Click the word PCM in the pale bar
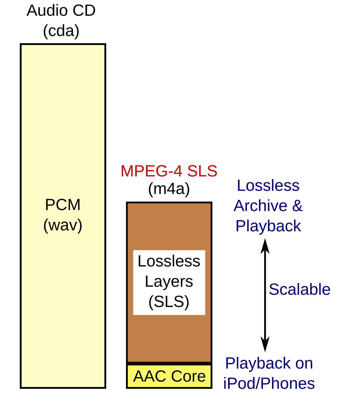(x=63, y=205)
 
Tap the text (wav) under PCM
(x=63, y=225)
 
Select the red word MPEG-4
(x=151, y=171)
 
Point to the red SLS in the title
(x=202, y=171)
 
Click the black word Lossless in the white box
(x=169, y=261)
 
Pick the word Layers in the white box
(x=169, y=281)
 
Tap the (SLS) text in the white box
(x=169, y=301)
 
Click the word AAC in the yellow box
(x=150, y=376)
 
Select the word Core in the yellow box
(x=188, y=376)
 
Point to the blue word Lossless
(x=268, y=186)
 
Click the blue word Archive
(x=260, y=206)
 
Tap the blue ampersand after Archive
(x=297, y=206)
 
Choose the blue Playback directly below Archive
(x=268, y=226)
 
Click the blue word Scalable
(x=300, y=289)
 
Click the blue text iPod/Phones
(x=269, y=384)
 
